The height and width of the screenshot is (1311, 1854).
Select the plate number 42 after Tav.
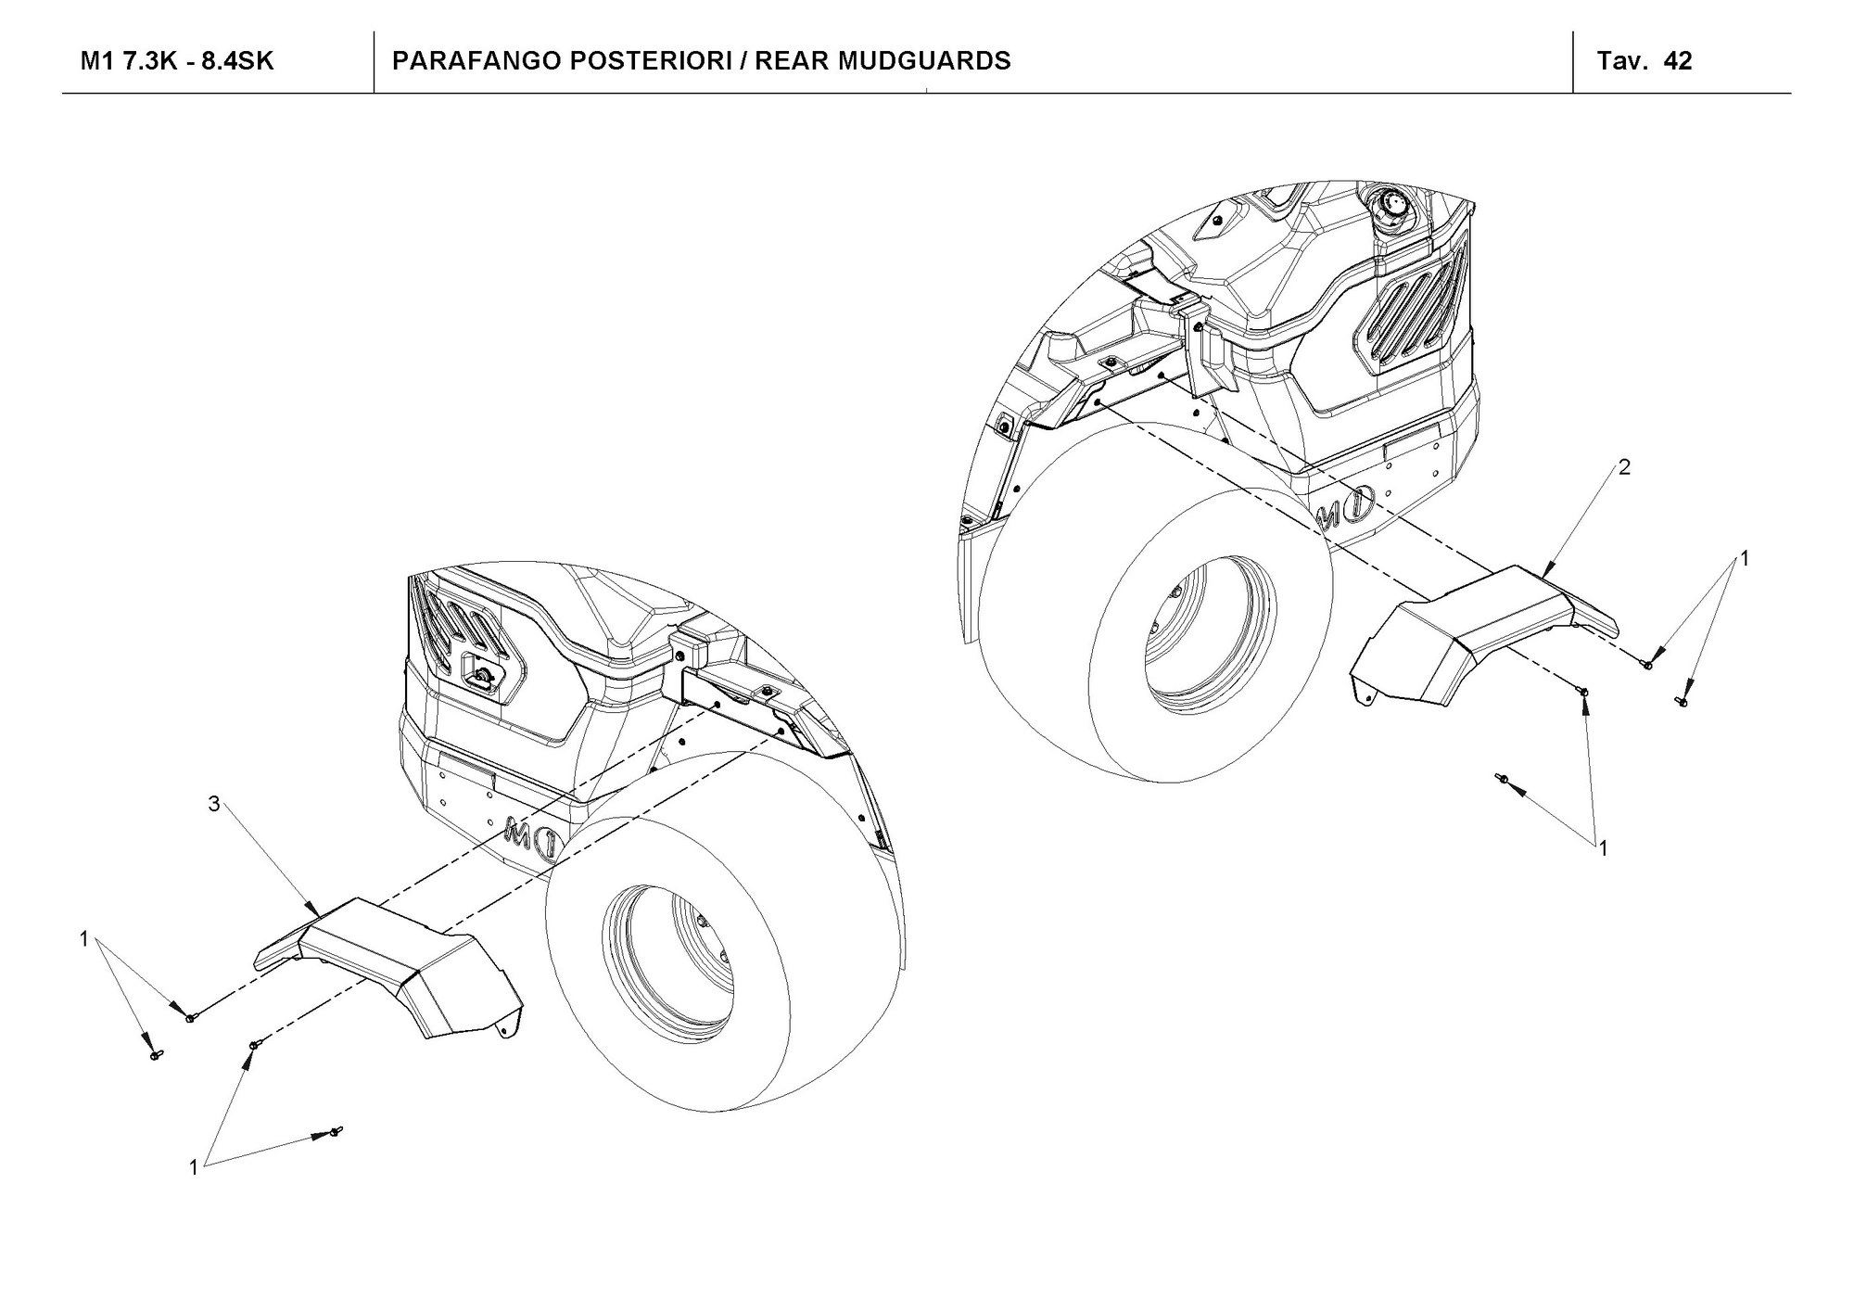(x=1678, y=61)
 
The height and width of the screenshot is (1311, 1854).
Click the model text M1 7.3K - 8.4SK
(x=177, y=61)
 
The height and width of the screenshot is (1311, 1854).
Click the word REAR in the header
(x=797, y=61)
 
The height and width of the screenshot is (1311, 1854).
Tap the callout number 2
(x=1624, y=467)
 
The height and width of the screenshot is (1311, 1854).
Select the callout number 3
(x=214, y=804)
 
